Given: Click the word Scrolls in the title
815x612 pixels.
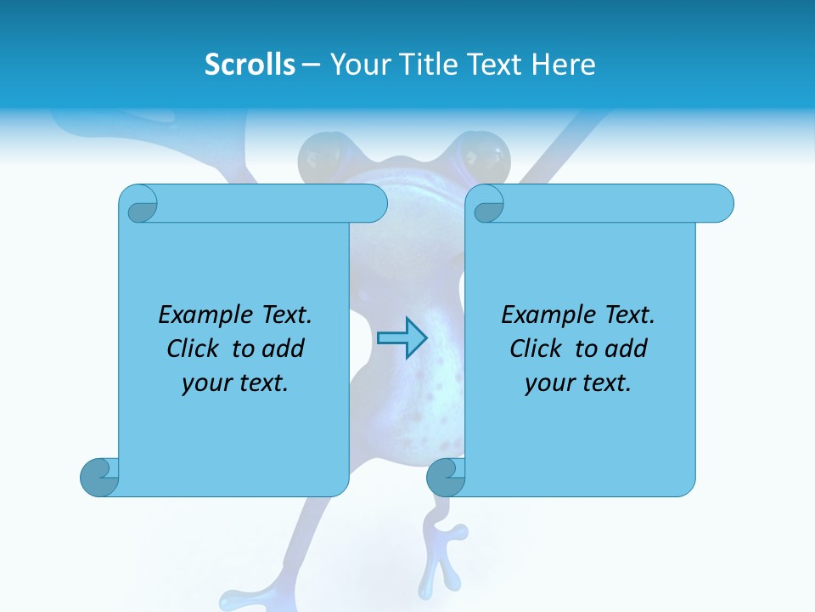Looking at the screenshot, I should pos(250,65).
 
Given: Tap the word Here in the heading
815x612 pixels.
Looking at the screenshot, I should pos(564,65).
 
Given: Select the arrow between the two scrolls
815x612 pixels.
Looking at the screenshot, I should pos(402,338).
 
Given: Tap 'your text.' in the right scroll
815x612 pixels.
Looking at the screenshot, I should pos(578,383).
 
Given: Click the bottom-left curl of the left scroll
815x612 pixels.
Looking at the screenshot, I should pos(98,478).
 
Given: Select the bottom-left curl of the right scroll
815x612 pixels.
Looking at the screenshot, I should pos(445,478).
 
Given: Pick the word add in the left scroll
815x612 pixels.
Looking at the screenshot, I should pos(284,348).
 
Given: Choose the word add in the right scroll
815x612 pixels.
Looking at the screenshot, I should pos(627,348).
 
